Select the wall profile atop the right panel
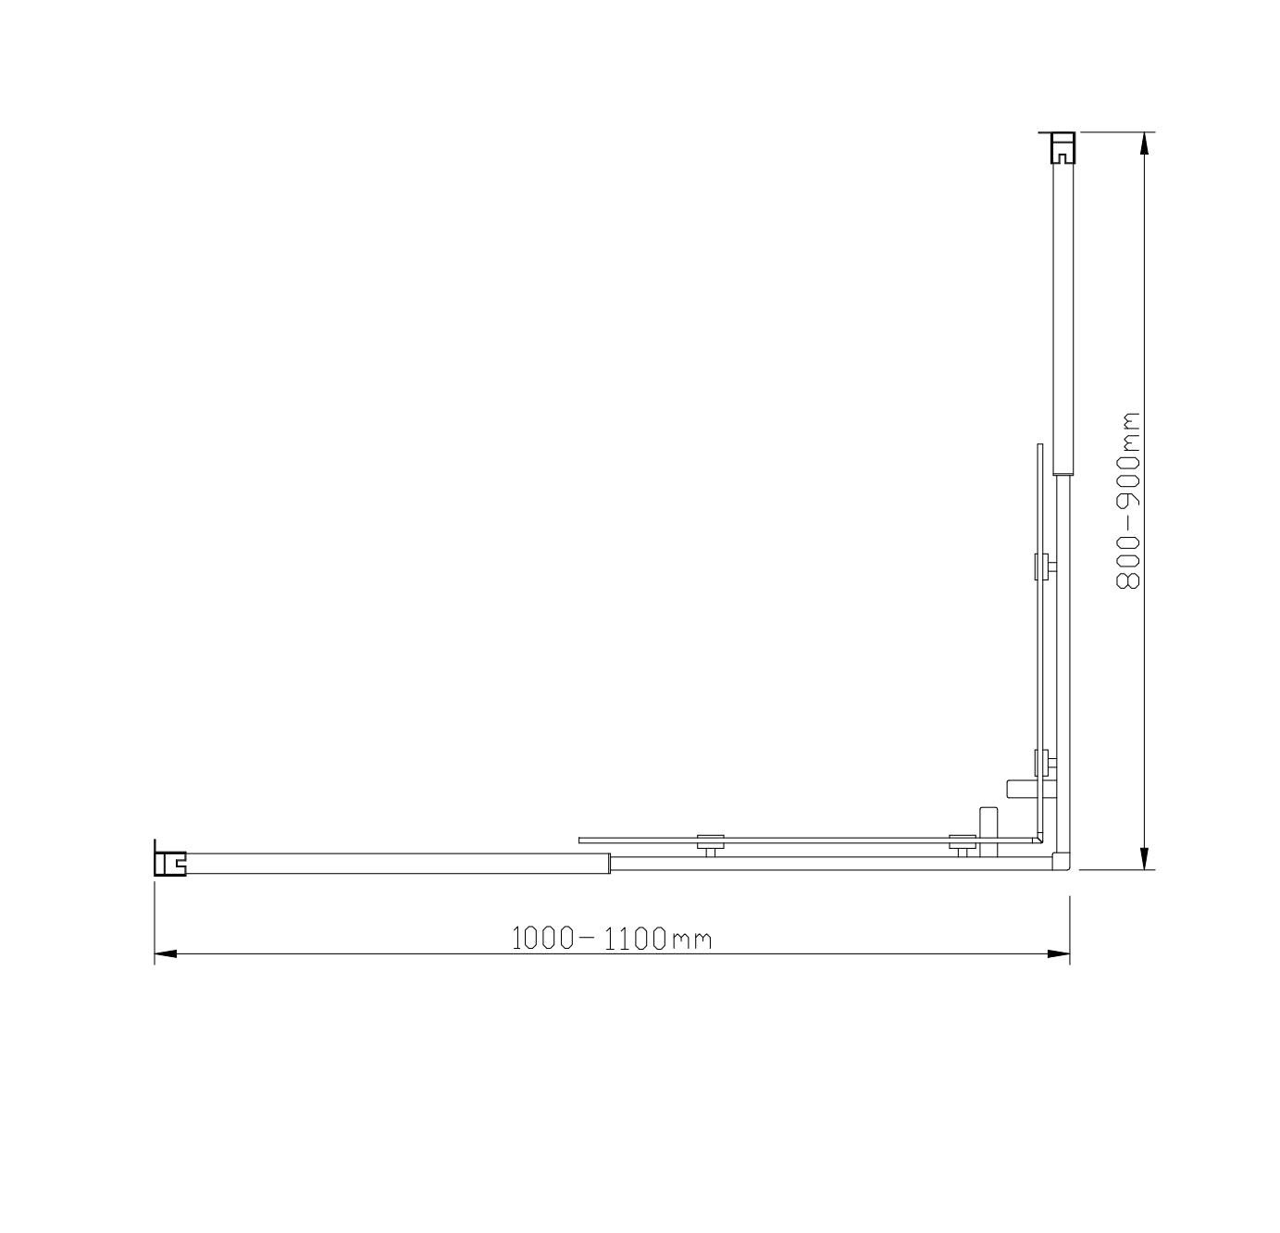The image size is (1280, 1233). point(1063,147)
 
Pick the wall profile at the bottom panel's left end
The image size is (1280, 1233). point(170,862)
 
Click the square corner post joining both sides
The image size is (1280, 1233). point(1063,863)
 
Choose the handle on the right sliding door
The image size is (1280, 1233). point(1022,788)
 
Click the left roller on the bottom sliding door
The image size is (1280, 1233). point(710,843)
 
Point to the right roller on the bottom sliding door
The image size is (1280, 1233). point(963,843)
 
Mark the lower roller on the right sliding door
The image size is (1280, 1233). point(1043,764)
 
